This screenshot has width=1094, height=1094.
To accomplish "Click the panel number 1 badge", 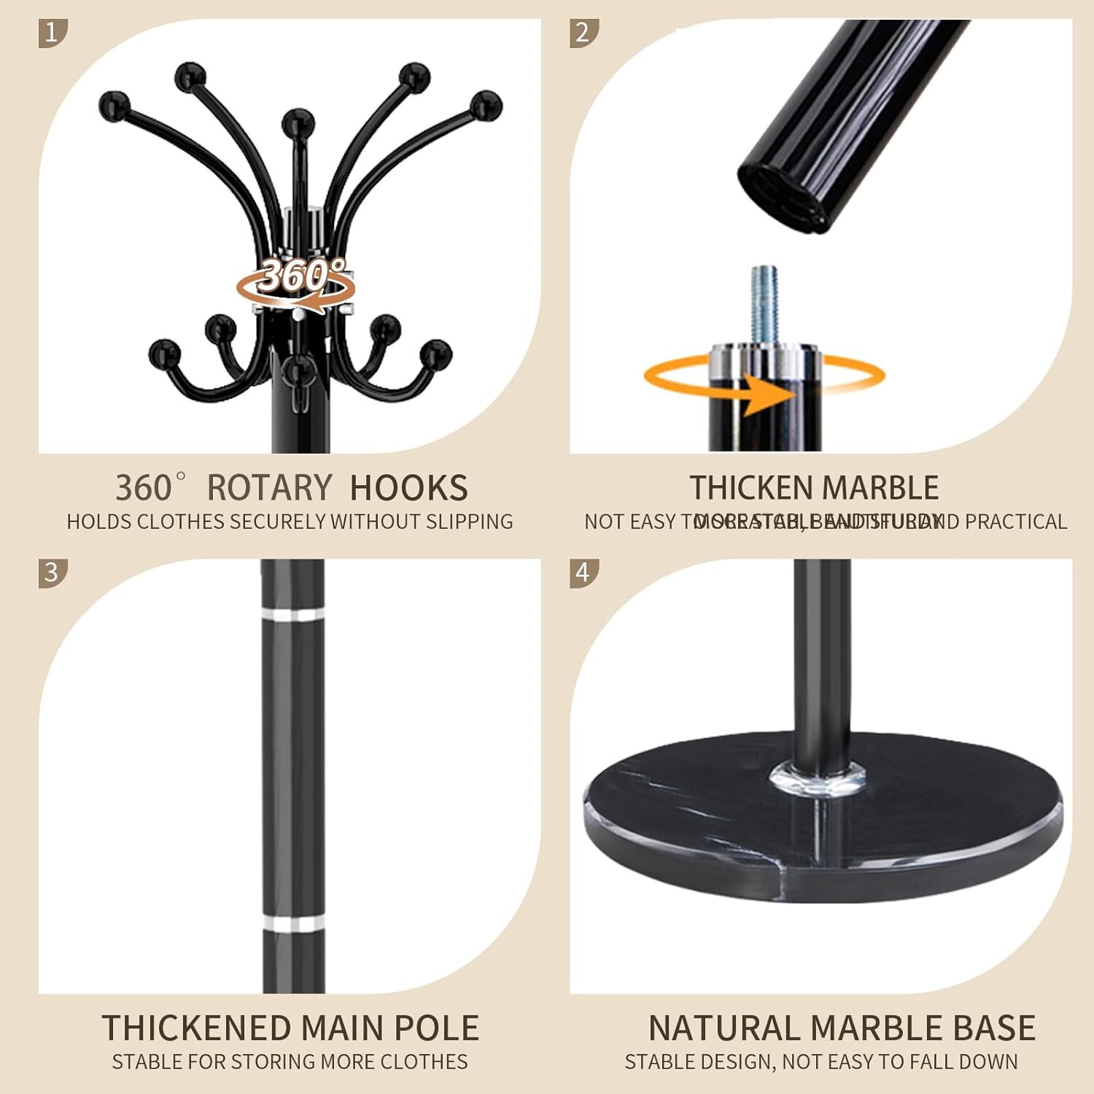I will (x=52, y=34).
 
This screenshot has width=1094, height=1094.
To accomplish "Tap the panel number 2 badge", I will (x=583, y=34).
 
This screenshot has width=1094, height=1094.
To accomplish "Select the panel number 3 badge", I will (x=52, y=573).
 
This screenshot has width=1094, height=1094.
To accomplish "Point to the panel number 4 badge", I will (x=583, y=573).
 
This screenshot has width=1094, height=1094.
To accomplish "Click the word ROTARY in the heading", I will (x=269, y=488).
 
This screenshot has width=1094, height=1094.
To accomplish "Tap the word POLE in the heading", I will (x=436, y=1028).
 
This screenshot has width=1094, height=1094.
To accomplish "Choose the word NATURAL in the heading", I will (x=725, y=1028).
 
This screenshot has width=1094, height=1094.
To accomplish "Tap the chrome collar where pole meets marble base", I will (x=819, y=776).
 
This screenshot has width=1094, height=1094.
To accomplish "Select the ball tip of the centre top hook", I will (x=298, y=123).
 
